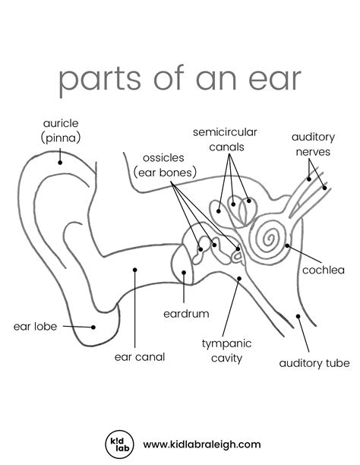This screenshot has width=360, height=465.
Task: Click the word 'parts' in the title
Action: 99,80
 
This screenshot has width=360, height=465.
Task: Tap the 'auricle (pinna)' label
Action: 61,131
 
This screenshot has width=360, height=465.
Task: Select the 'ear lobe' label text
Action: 35,327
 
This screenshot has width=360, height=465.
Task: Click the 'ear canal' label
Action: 140,357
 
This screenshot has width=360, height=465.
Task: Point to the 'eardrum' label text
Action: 186,314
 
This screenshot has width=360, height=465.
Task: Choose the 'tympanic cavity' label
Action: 227,351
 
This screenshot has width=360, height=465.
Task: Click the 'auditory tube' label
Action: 314,363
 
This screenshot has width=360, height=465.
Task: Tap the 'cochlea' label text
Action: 324,270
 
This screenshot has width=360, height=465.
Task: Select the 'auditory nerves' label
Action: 313,144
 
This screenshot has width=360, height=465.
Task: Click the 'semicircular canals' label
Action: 225,139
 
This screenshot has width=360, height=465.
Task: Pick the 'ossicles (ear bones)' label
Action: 165,165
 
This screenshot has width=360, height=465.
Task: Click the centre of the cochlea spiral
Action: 270,238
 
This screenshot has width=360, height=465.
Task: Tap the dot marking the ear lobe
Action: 93,327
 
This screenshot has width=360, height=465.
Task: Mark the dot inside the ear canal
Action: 135,270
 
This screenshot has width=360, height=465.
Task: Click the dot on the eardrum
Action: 184,273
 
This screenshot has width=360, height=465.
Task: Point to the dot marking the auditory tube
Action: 298,316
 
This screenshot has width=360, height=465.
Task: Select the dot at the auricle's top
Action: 60,163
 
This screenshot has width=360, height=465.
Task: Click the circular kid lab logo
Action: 120,444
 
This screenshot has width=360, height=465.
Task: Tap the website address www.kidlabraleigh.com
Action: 202,444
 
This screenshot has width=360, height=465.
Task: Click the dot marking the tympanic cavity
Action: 239,278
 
